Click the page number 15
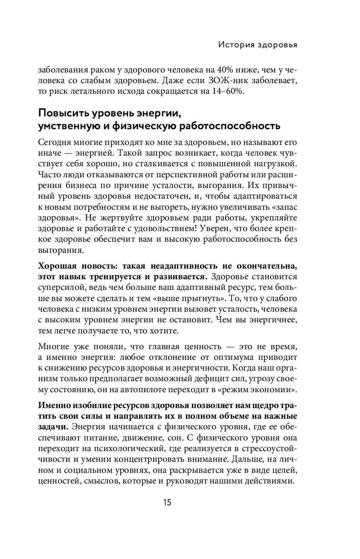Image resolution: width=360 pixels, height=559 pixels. coord(167,502)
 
